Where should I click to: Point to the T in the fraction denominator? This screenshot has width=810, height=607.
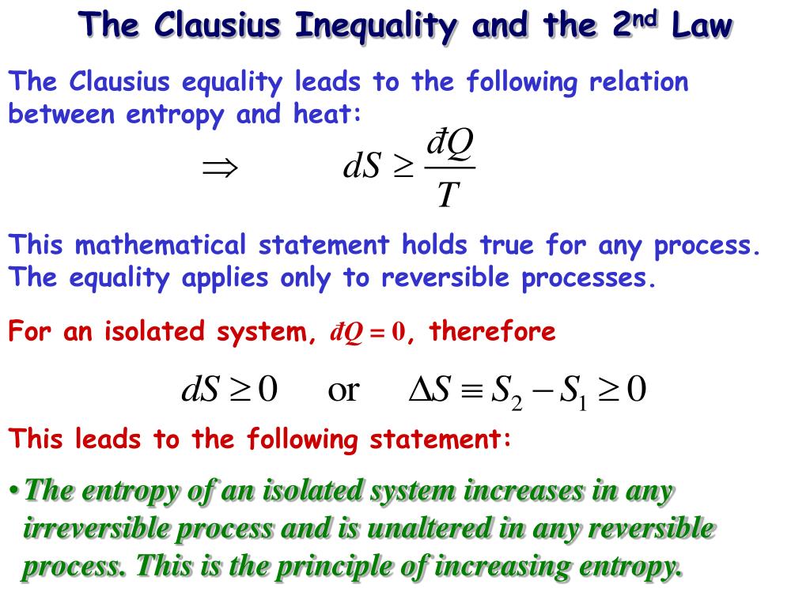pyautogui.click(x=449, y=194)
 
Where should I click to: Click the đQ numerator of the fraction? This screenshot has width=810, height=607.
pyautogui.click(x=449, y=145)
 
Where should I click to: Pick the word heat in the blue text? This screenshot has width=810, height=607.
pyautogui.click(x=331, y=115)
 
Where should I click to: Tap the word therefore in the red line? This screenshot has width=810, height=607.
pyautogui.click(x=492, y=331)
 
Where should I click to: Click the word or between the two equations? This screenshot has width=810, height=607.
pyautogui.click(x=343, y=390)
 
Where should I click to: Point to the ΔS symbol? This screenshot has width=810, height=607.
pyautogui.click(x=429, y=390)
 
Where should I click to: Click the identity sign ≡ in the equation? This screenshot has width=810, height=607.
pyautogui.click(x=470, y=390)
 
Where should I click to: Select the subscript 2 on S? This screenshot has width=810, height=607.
pyautogui.click(x=517, y=404)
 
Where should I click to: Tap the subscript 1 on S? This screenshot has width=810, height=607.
pyautogui.click(x=582, y=404)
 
